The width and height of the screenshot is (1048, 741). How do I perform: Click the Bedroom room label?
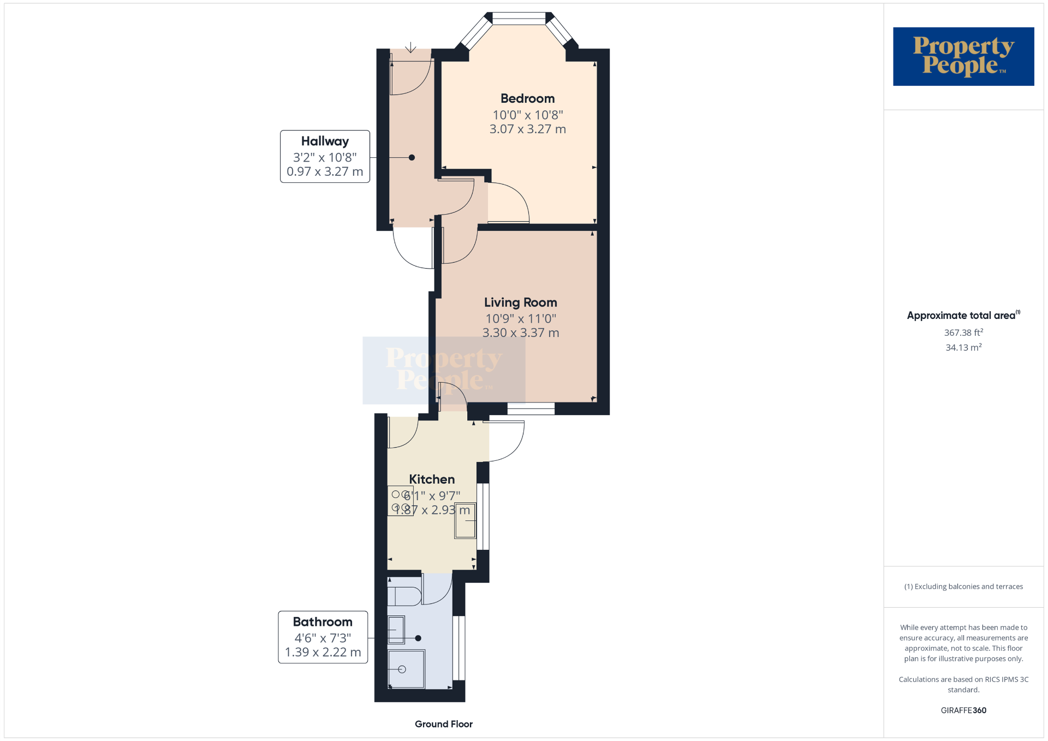[527, 98]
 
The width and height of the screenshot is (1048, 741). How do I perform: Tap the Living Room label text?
[521, 303]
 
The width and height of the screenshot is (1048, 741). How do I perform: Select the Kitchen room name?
[432, 479]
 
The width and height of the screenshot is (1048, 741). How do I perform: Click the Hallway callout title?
[325, 141]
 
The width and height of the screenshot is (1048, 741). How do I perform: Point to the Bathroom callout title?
[323, 622]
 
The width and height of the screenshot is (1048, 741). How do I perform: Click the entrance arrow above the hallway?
[410, 48]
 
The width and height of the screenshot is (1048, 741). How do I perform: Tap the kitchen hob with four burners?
[400, 501]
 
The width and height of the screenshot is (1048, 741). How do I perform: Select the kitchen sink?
[465, 521]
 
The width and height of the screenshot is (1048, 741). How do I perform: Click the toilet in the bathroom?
[404, 596]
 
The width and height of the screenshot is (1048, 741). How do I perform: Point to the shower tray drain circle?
[402, 669]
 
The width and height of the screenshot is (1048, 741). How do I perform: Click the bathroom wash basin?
[396, 630]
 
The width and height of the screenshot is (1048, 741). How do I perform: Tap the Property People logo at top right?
[963, 56]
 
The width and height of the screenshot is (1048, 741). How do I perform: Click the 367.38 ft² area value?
[964, 332]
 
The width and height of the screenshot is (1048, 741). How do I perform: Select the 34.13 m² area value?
[964, 347]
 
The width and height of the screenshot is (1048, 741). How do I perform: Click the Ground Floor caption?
[444, 724]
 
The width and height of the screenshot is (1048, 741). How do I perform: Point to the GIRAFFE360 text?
[964, 710]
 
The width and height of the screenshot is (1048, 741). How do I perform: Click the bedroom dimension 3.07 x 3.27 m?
[528, 129]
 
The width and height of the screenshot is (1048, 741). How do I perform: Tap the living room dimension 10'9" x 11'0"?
[521, 318]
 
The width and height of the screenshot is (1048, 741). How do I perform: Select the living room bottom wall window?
[531, 408]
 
